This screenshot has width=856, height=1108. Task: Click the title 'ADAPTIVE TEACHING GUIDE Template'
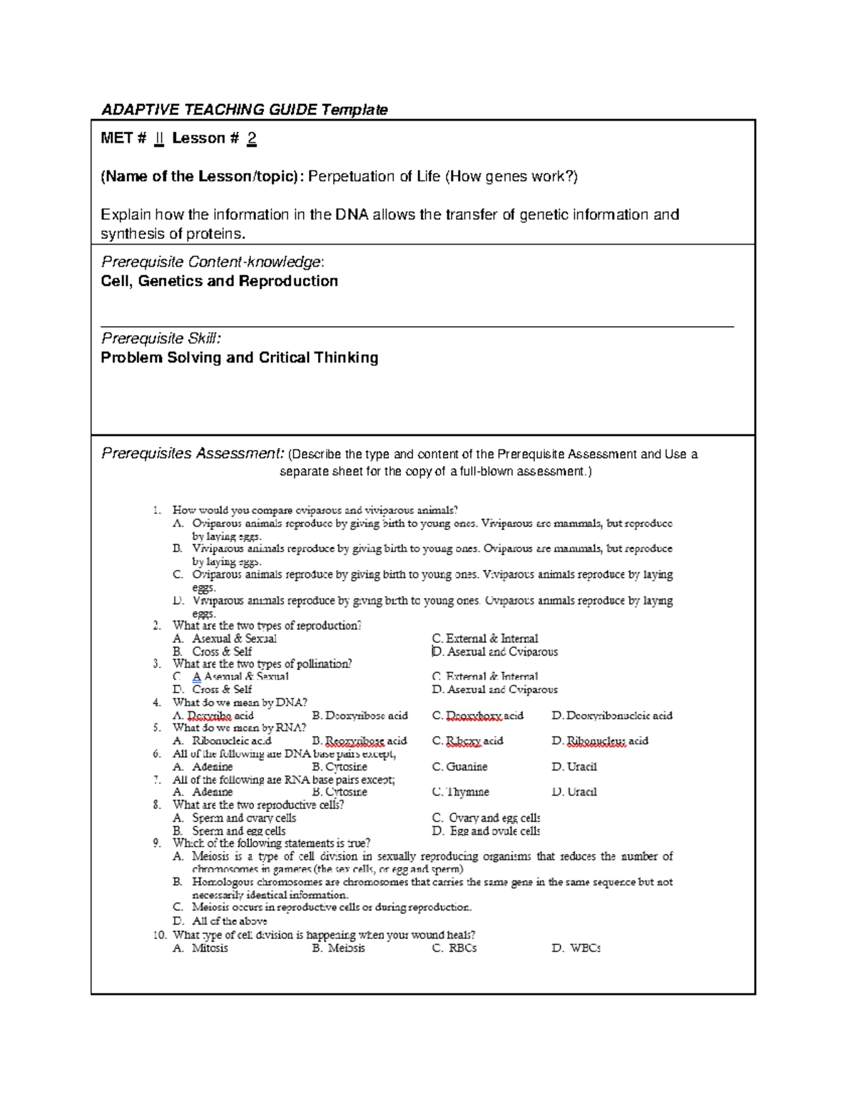pyautogui.click(x=244, y=109)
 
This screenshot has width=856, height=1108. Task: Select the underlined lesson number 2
pyautogui.click(x=252, y=138)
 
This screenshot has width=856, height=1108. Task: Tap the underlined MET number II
pyautogui.click(x=159, y=138)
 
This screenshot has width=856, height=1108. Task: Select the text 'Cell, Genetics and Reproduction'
pyautogui.click(x=219, y=281)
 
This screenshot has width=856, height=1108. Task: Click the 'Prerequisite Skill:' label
pyautogui.click(x=161, y=338)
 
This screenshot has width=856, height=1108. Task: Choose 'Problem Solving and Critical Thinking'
pyautogui.click(x=239, y=357)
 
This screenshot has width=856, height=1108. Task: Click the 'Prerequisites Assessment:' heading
pyautogui.click(x=193, y=454)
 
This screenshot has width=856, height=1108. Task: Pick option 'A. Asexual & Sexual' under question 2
pyautogui.click(x=225, y=639)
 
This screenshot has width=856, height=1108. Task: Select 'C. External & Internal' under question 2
pyautogui.click(x=485, y=639)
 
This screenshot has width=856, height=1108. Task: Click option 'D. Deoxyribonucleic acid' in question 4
pyautogui.click(x=612, y=716)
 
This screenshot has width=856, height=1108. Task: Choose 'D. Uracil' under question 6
pyautogui.click(x=574, y=767)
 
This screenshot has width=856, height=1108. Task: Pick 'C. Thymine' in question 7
pyautogui.click(x=461, y=792)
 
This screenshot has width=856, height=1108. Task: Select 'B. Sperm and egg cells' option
pyautogui.click(x=229, y=831)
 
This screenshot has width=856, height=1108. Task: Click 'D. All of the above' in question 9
pyautogui.click(x=220, y=921)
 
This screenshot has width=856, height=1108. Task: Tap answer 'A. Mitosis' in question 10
pyautogui.click(x=200, y=948)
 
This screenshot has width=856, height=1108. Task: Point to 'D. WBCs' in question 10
pyautogui.click(x=576, y=948)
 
